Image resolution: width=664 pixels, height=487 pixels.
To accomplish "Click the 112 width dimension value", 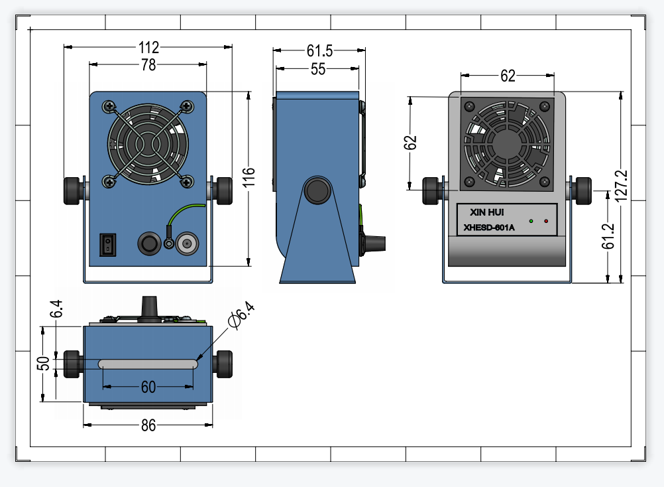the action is point(148,47).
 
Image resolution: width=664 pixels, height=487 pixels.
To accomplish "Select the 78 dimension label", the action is point(148,65).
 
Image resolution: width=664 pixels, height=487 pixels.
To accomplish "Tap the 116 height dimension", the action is point(249,177).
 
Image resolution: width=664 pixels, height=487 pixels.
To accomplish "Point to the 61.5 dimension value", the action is point(319,51).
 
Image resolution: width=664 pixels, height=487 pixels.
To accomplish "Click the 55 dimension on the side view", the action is point(318,69).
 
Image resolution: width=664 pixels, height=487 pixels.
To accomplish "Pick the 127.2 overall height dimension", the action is point(620,186).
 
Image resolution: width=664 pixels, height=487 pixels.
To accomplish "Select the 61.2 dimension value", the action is point(608,236).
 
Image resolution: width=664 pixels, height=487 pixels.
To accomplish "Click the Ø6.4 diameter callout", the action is point(241,315).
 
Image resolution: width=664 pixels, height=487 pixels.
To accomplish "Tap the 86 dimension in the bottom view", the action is point(148,425).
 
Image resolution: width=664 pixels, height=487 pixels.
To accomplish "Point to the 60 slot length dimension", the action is point(148,387).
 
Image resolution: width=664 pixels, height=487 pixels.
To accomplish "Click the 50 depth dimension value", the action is point(43,364).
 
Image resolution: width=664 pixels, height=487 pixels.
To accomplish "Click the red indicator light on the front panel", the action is point(546,221).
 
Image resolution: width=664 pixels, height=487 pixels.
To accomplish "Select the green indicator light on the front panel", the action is point(531,221).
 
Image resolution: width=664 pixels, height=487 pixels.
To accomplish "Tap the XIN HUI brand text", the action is point(486,212).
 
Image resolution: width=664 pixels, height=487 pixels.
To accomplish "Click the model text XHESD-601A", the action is point(488,228).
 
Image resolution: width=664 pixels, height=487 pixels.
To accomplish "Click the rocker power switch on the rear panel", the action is point(107,245).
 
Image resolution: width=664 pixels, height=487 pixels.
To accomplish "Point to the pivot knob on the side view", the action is point(317,190).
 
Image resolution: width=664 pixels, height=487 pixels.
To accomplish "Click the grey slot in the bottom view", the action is point(148,364).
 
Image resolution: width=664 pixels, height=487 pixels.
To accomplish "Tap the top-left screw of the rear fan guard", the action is point(109,106).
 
